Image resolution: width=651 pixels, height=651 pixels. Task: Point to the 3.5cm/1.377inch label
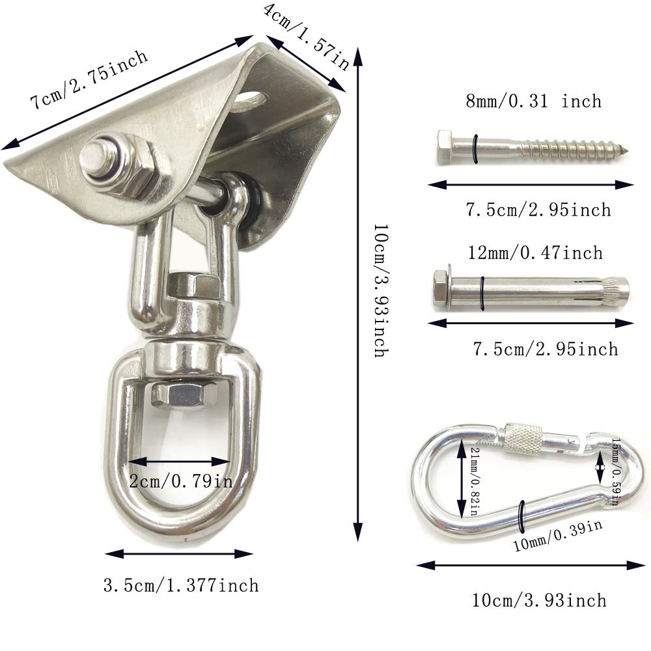(181, 585)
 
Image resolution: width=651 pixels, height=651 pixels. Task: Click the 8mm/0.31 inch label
(533, 101)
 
